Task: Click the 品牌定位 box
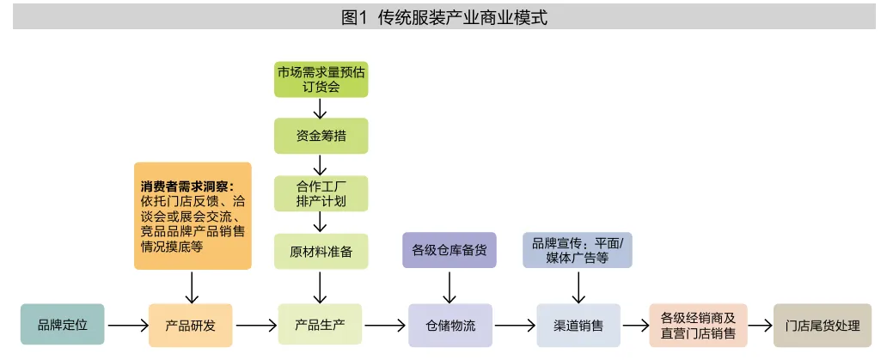[62, 326]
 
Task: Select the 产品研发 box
[190, 326]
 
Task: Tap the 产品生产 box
[320, 326]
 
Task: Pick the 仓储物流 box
[450, 326]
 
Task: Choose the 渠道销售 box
[578, 326]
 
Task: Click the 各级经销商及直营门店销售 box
[698, 326]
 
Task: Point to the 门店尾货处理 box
[823, 326]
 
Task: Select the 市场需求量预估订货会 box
[321, 79]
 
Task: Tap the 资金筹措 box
[321, 136]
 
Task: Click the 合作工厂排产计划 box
[321, 194]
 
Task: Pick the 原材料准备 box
[321, 251]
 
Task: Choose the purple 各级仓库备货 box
[450, 250]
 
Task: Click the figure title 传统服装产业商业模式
[445, 17]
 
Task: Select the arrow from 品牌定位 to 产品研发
[125, 326]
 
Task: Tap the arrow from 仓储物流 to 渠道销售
[515, 326]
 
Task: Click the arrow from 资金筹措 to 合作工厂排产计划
[321, 164]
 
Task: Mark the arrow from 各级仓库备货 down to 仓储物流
[450, 284]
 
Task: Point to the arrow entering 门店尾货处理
[760, 326]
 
